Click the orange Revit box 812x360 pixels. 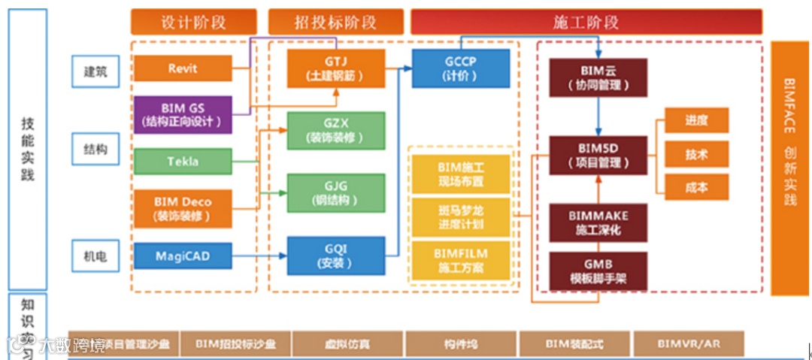[x=183, y=68]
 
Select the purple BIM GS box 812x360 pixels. [x=183, y=114]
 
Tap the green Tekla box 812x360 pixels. [x=183, y=160]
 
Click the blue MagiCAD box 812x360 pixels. [x=183, y=256]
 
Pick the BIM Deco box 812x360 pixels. [x=183, y=208]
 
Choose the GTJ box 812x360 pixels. [x=335, y=68]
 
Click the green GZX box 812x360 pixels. [x=335, y=131]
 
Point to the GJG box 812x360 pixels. [x=335, y=193]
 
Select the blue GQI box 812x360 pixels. [x=335, y=256]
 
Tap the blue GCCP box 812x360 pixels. [x=456, y=68]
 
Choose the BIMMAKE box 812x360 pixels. [x=598, y=222]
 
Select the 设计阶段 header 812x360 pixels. [x=194, y=22]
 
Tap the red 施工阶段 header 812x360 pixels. [x=585, y=22]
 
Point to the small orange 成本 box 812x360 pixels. [x=696, y=187]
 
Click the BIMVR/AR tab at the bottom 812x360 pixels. [x=689, y=343]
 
